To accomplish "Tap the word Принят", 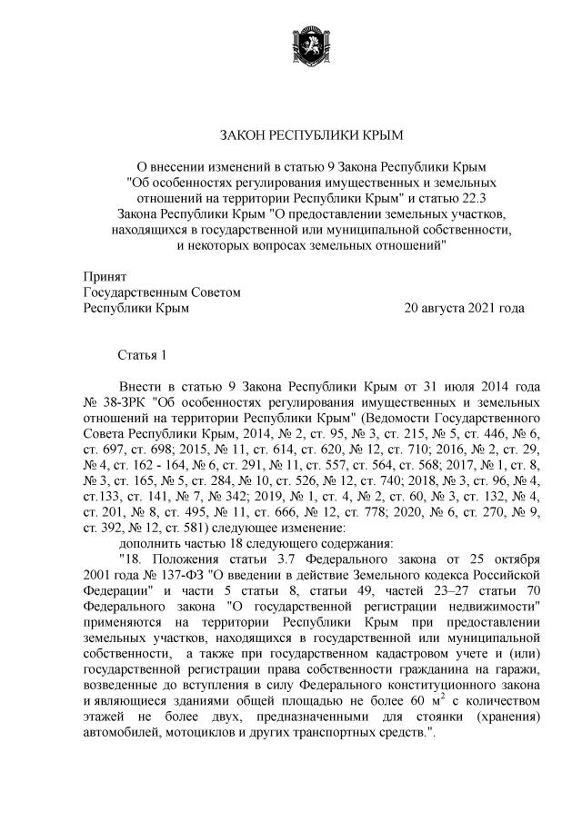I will pyautogui.click(x=104, y=276).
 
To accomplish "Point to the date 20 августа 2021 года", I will pyautogui.click(x=464, y=309).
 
